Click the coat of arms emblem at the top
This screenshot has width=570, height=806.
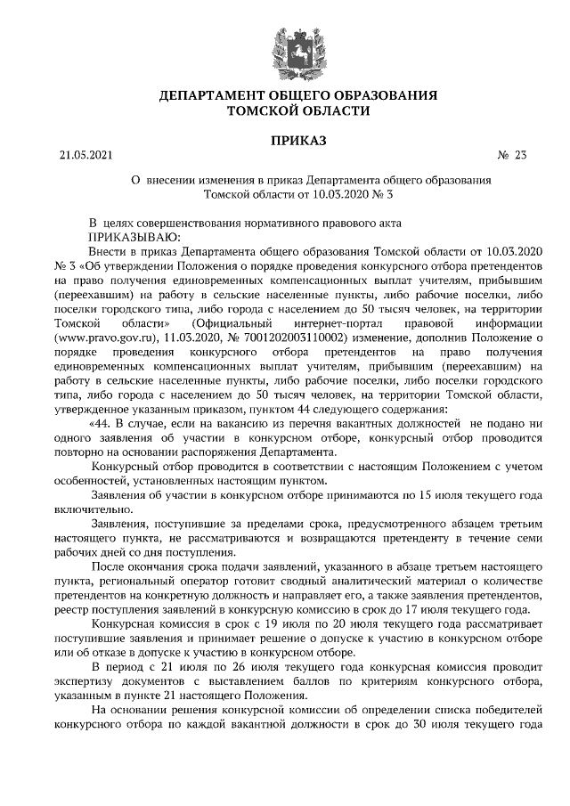285,45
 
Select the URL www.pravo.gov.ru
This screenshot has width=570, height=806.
105,338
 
